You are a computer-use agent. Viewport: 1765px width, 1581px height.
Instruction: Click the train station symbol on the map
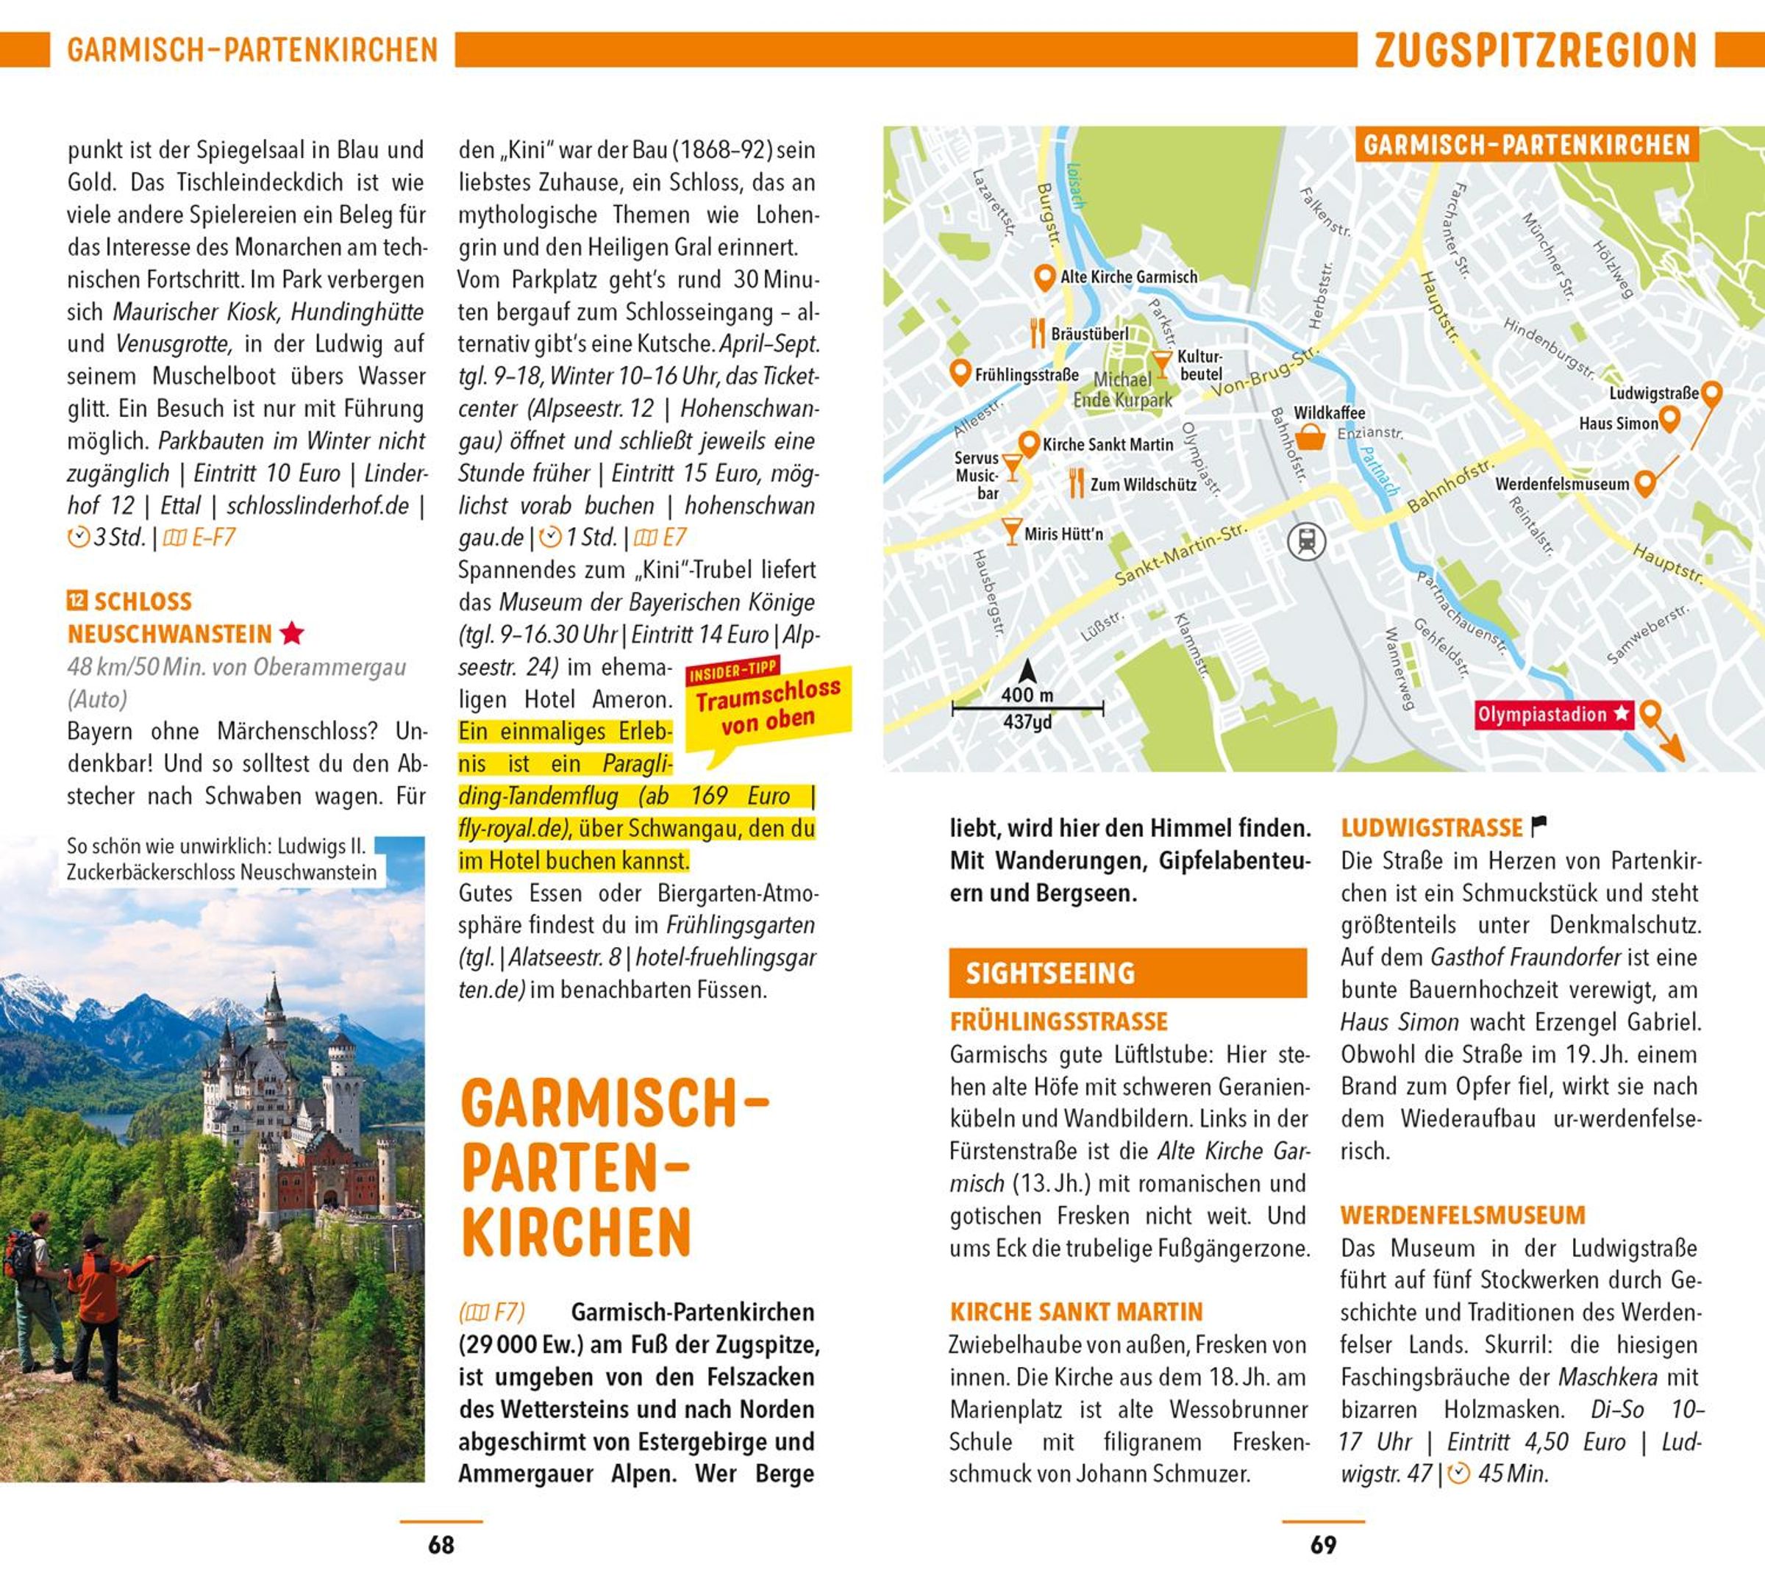(x=1306, y=541)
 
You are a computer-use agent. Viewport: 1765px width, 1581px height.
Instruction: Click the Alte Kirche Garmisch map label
(x=1128, y=277)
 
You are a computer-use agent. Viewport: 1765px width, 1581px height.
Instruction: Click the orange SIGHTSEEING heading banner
(x=1127, y=973)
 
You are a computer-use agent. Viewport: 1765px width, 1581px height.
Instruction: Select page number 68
(x=441, y=1544)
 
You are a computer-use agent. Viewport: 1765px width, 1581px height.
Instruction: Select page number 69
(x=1323, y=1544)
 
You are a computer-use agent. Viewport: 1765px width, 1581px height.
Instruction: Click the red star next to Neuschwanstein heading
(x=293, y=633)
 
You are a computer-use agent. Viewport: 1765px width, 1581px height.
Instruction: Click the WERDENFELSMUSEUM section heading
(x=1463, y=1214)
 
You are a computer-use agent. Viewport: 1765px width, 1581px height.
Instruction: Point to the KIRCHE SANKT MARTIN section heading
(x=1076, y=1311)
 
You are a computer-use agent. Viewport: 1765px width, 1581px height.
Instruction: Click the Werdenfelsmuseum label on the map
(x=1562, y=484)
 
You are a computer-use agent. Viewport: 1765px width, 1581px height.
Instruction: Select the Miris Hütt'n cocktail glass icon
(x=1011, y=531)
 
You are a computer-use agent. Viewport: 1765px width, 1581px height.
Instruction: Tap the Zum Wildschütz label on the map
(x=1143, y=485)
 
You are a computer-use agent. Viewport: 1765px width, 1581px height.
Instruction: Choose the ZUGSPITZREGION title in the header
(x=1535, y=51)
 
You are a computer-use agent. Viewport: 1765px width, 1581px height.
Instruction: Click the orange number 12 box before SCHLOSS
(x=77, y=600)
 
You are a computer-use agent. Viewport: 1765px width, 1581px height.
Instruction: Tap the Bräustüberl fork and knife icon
(x=1037, y=332)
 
